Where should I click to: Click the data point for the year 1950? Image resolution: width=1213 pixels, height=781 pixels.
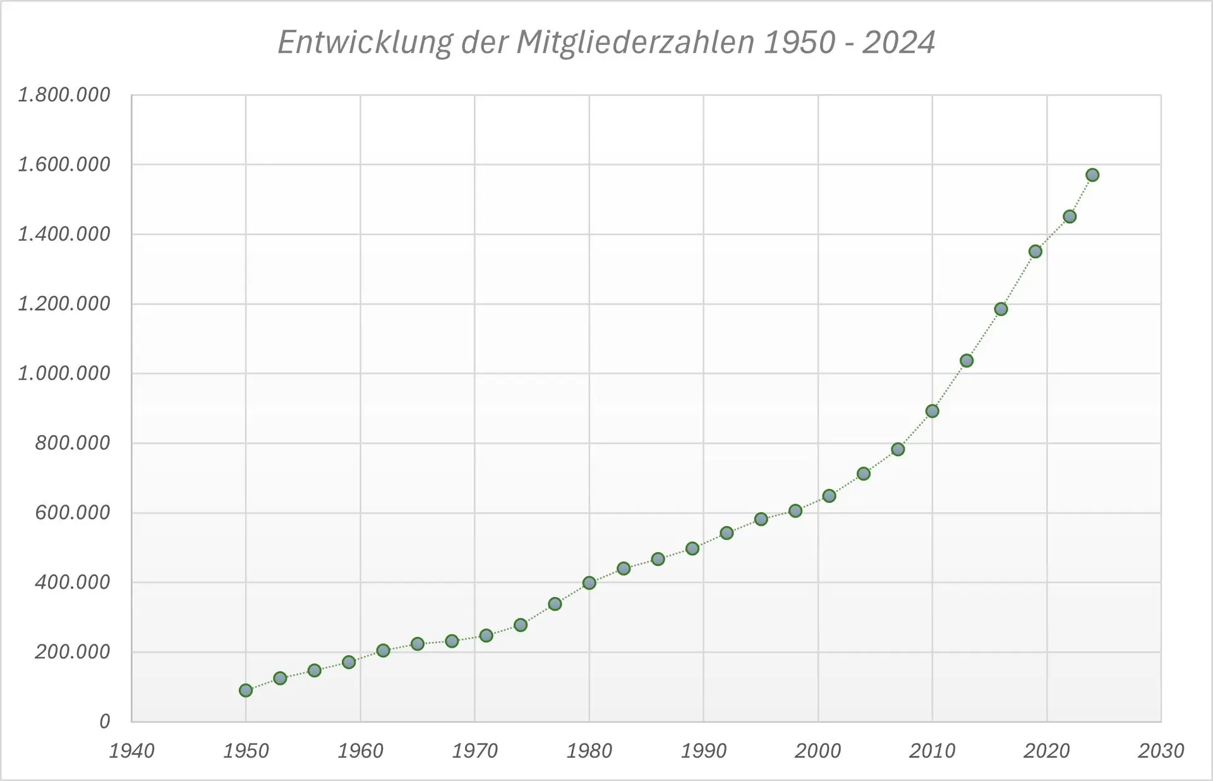click(246, 690)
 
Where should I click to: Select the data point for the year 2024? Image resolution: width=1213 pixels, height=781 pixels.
click(1092, 175)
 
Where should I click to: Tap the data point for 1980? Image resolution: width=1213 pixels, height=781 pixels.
click(589, 583)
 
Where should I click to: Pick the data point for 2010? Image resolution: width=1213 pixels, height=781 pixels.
click(932, 411)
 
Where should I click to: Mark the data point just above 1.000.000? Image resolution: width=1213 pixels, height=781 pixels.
click(967, 360)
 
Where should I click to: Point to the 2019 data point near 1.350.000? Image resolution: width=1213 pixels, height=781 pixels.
click(1035, 252)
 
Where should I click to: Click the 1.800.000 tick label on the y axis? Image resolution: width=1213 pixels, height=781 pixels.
click(64, 95)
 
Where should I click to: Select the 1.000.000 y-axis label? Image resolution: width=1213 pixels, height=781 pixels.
click(64, 373)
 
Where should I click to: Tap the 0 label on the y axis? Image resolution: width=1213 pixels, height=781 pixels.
click(105, 721)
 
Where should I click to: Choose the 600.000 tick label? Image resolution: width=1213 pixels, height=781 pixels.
click(73, 512)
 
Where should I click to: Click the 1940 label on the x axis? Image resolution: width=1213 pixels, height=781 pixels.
click(131, 751)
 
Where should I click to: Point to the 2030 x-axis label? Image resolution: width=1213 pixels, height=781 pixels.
click(1161, 751)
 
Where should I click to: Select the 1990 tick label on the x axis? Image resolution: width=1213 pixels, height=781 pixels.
click(703, 751)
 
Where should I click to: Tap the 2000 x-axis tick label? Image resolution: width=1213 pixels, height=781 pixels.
click(818, 751)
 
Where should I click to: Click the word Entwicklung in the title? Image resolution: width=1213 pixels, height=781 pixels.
click(365, 43)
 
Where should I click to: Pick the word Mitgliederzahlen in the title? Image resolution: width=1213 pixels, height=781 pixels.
click(635, 43)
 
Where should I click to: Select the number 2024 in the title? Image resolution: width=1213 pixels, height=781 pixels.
click(898, 43)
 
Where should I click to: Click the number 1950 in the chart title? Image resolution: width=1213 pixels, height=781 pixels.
click(800, 43)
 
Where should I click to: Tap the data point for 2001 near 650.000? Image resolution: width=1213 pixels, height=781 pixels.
click(830, 496)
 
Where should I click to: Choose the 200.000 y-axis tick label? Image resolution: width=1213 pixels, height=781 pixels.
click(73, 651)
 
